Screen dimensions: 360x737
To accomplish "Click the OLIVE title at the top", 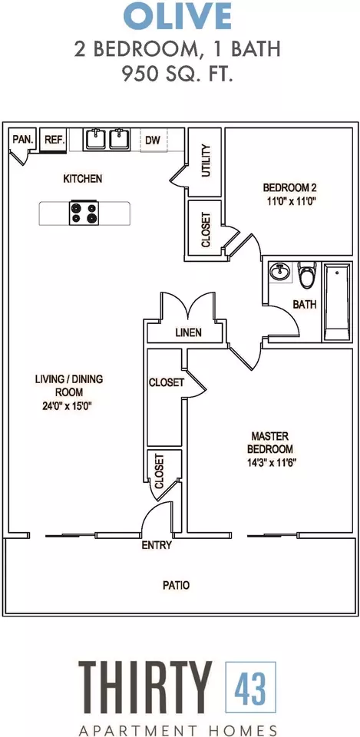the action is coord(177,16).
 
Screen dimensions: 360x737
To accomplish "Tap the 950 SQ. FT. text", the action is coord(177,74).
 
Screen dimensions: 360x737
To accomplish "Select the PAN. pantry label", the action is coord(22,139).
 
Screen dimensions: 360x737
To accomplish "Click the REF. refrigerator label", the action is coord(54,140).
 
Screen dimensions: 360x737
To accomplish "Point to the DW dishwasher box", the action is coord(154,140).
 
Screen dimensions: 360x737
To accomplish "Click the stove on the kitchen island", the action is coord(83,213).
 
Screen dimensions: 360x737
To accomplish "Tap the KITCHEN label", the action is coord(83,179).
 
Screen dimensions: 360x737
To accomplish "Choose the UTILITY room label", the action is coord(206,161).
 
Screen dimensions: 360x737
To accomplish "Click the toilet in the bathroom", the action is coord(307,276).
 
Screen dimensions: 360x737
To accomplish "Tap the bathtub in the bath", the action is coord(336,302).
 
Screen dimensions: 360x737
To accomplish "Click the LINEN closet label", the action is coord(189,332).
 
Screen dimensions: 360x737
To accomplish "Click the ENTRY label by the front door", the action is coord(157,546).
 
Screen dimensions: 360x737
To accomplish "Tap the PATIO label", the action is coord(177,586).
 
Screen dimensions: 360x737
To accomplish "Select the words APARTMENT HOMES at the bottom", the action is coord(177,729).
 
